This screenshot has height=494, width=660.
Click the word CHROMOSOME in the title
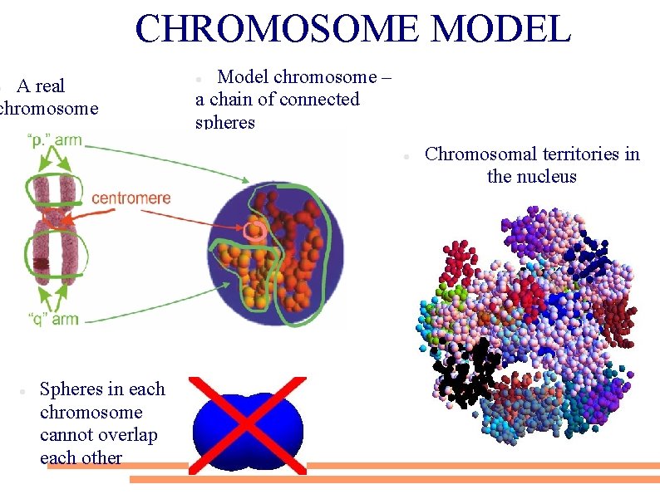point(277,29)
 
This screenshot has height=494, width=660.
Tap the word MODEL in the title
point(501,29)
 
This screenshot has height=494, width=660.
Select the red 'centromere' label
point(131,198)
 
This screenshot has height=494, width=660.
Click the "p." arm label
point(55,139)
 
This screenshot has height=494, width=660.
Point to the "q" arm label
point(53,319)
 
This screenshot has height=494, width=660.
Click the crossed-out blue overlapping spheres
point(248,424)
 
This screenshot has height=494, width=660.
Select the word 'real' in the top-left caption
point(49,86)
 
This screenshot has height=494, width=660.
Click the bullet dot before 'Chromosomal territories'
point(401,156)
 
